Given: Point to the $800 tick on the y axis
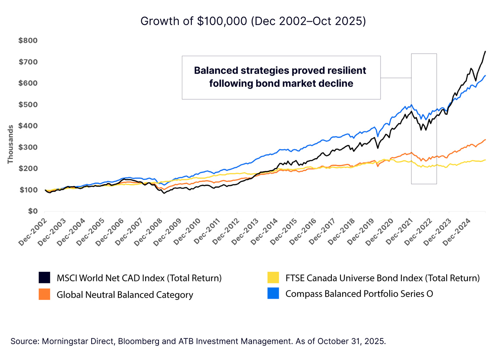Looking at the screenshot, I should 28,41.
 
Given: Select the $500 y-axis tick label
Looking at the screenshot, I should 28,105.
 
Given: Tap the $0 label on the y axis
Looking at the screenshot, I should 33,211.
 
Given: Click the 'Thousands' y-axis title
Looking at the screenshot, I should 10,144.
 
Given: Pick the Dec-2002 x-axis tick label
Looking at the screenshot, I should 32,231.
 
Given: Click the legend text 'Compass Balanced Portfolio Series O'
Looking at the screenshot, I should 359,294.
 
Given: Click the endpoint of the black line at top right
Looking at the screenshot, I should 485,51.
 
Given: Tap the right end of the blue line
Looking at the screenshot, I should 485,76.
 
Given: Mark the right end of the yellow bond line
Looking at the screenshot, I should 485,160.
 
